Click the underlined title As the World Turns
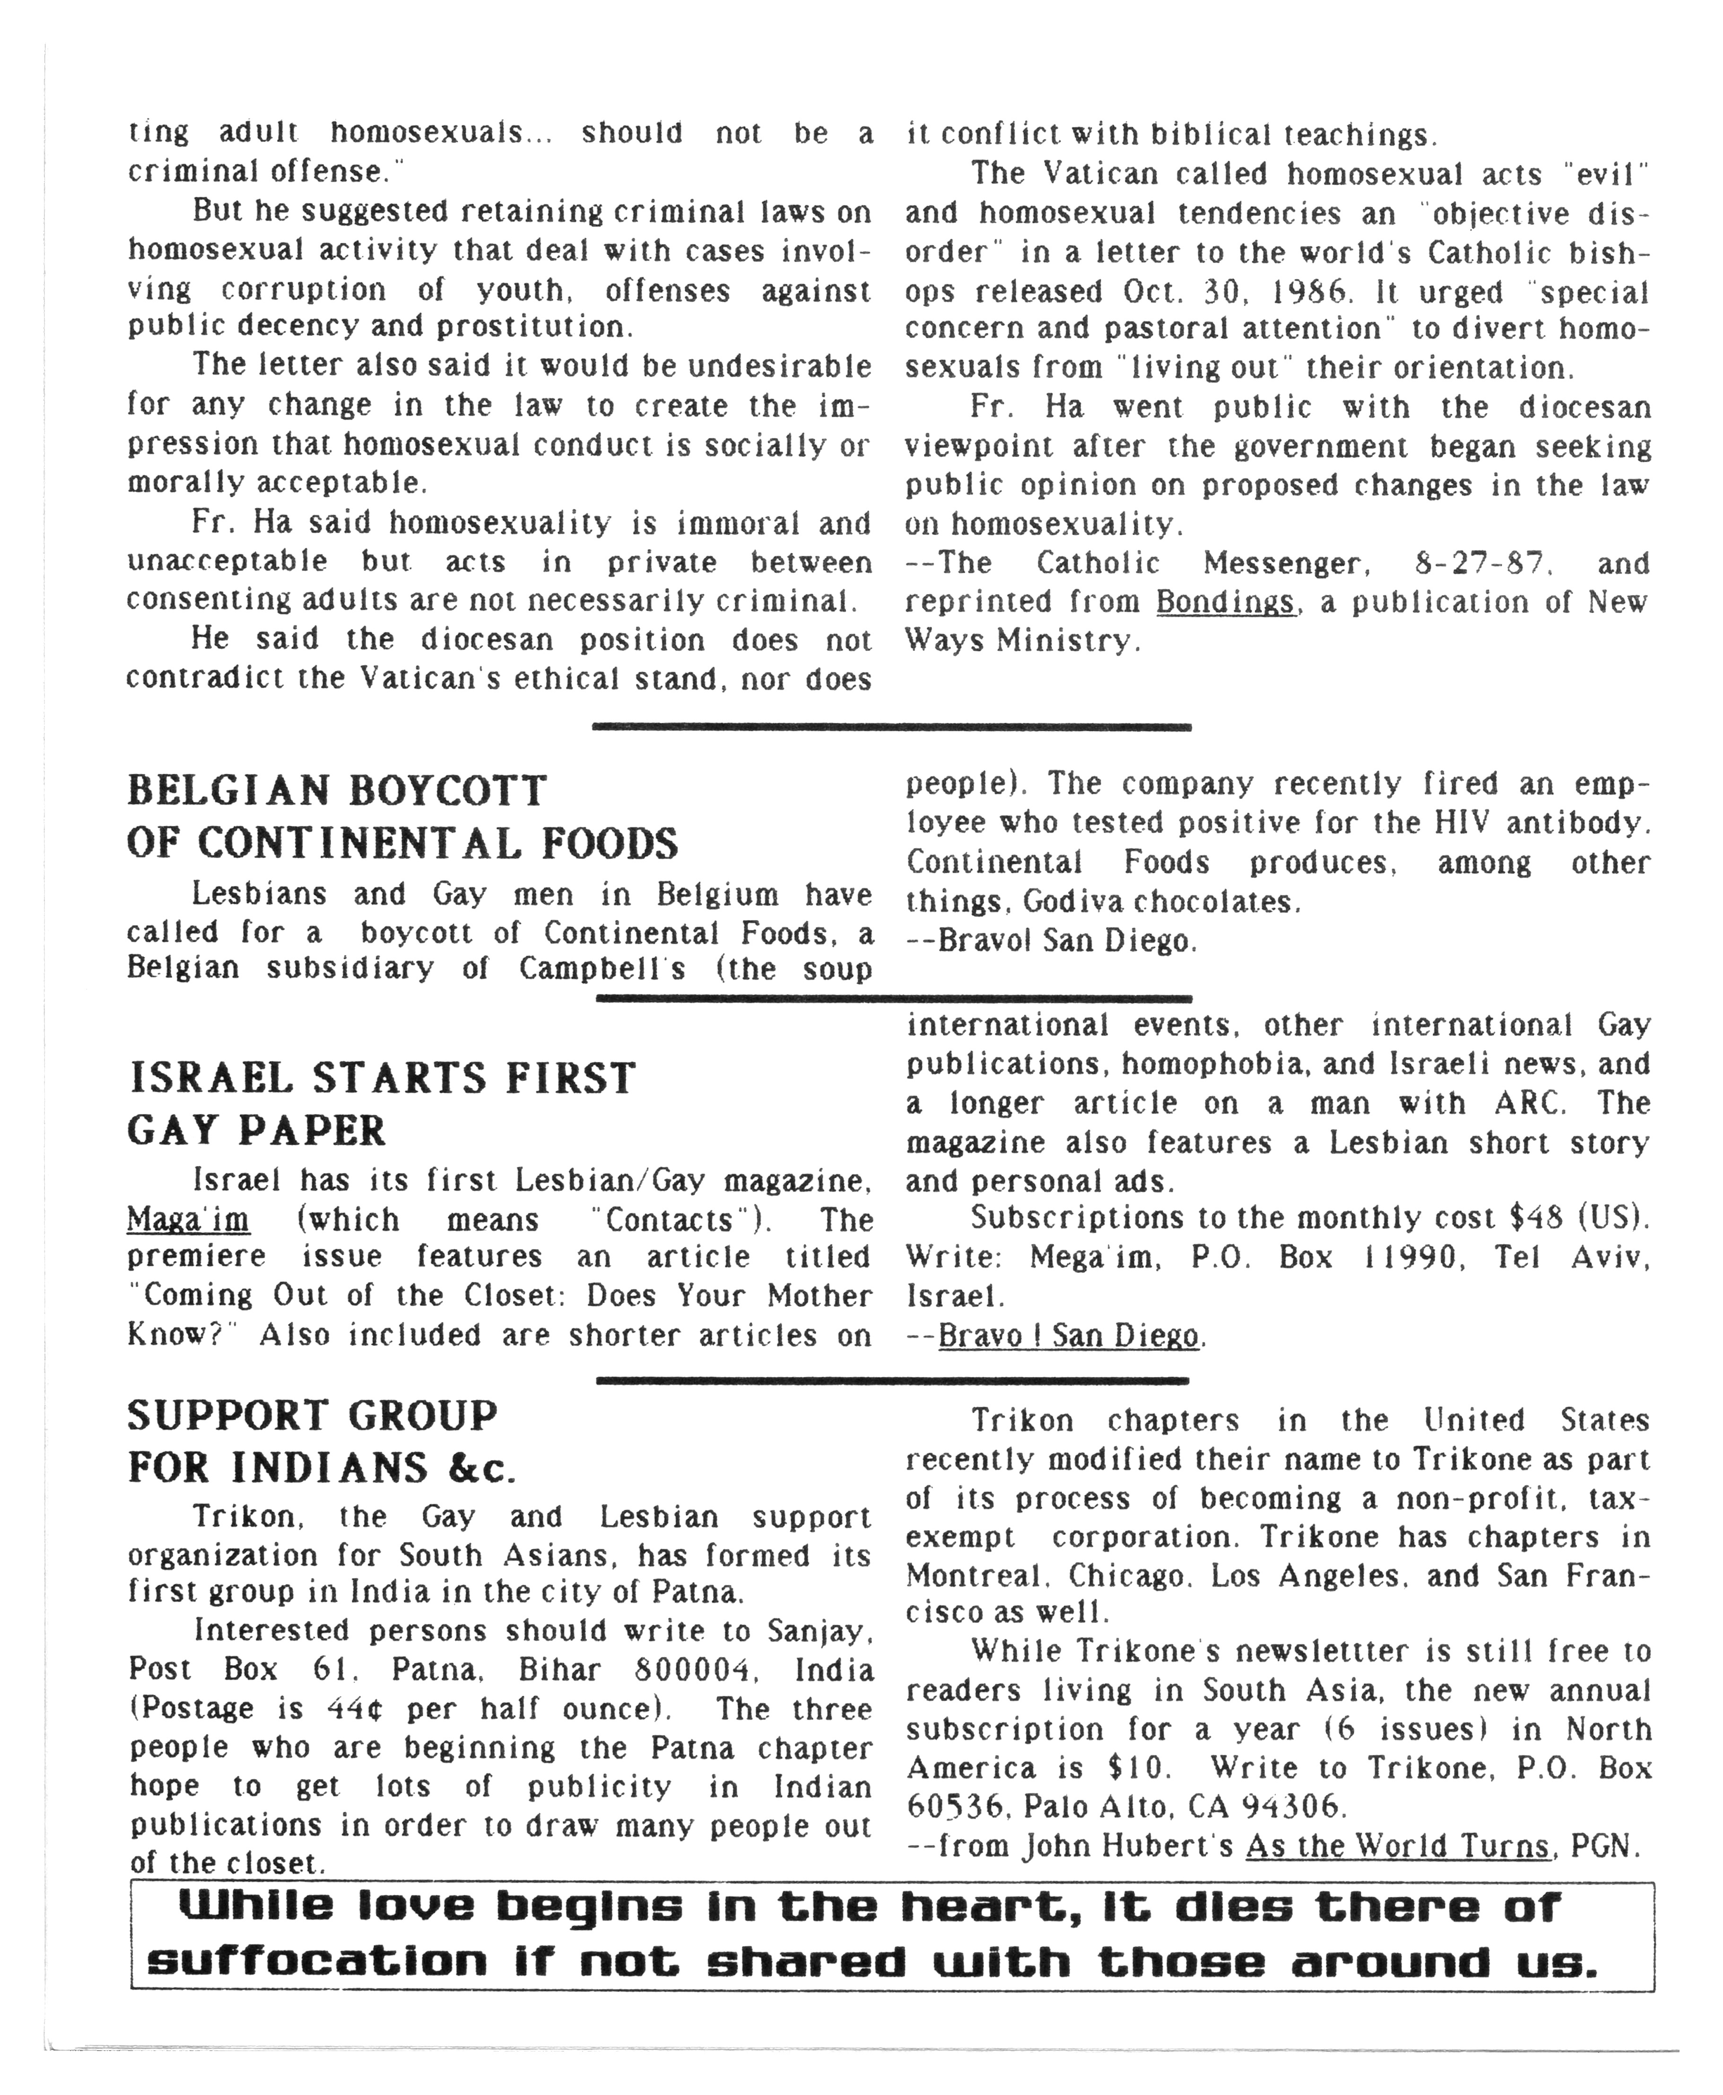click(x=1396, y=1846)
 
